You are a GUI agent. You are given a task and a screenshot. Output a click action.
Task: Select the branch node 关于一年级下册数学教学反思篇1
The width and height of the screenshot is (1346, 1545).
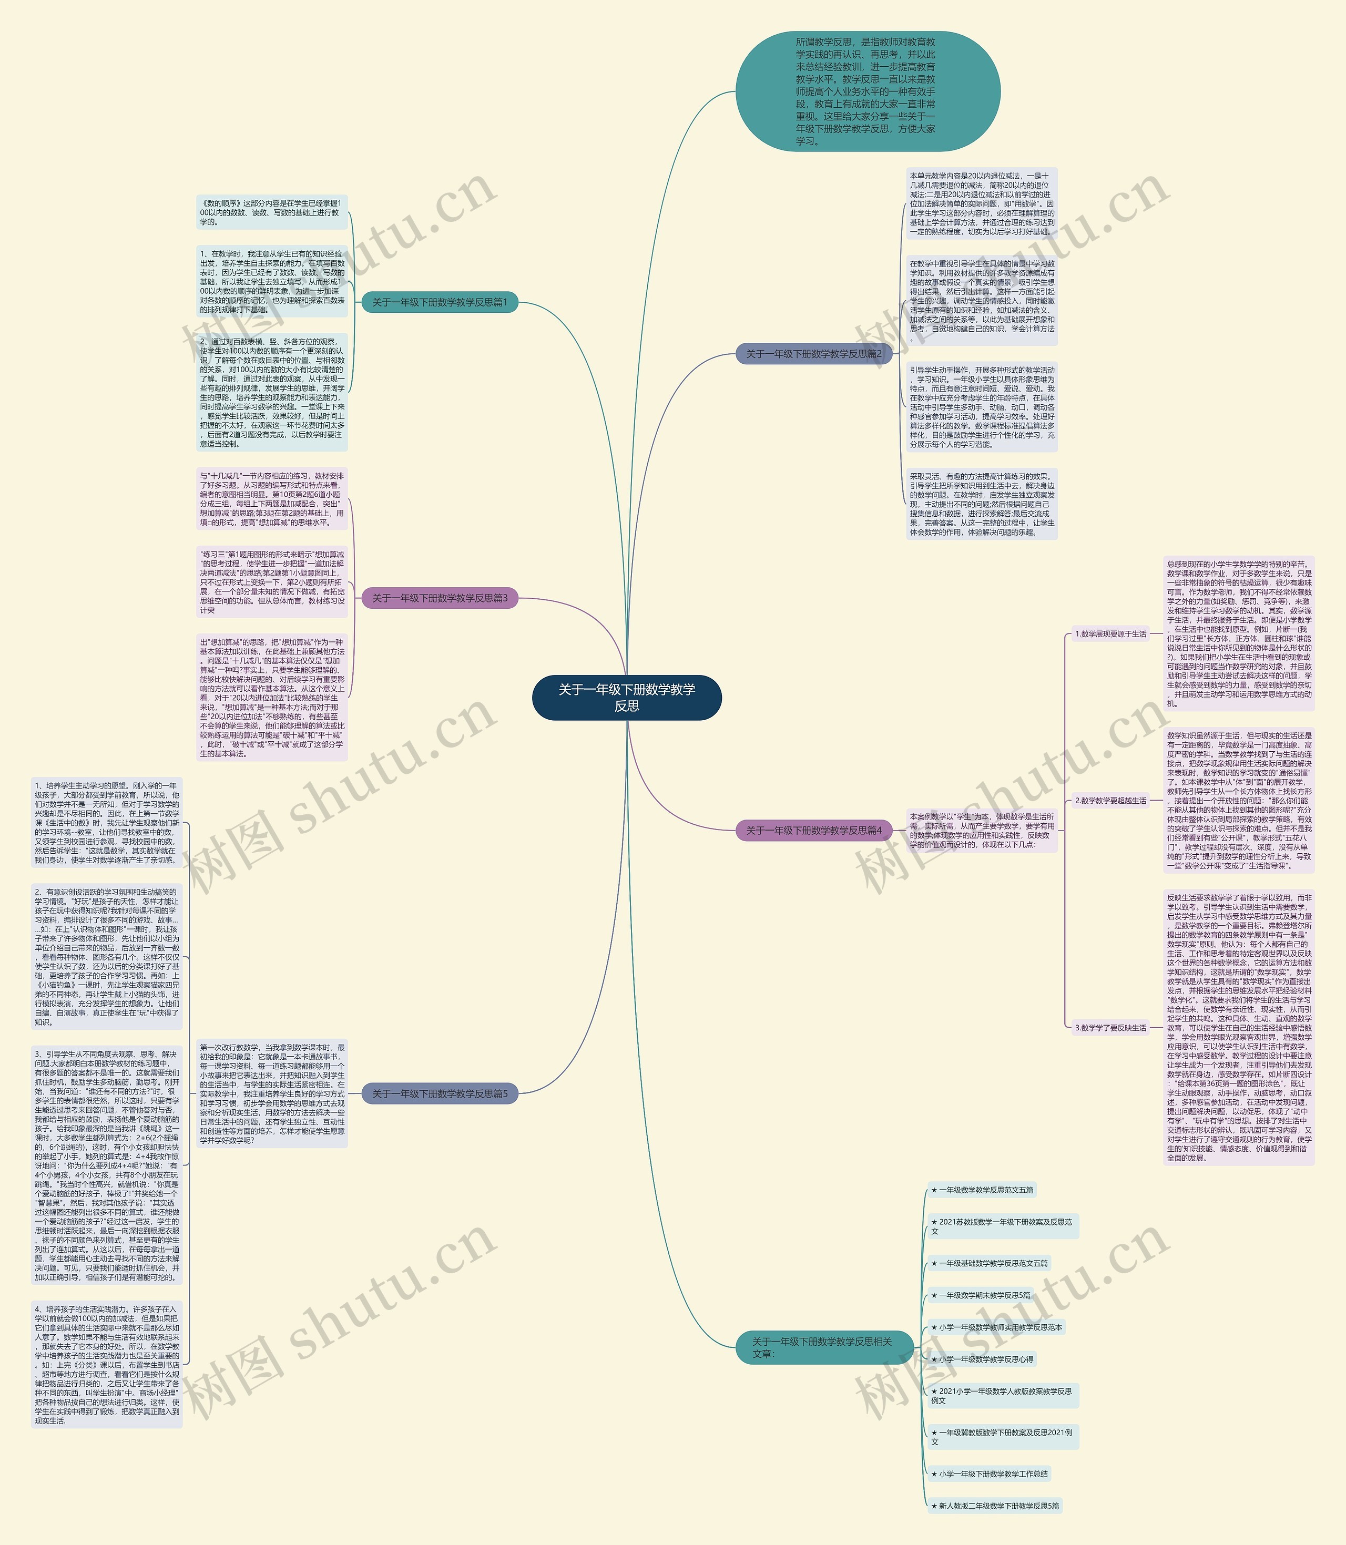click(x=440, y=302)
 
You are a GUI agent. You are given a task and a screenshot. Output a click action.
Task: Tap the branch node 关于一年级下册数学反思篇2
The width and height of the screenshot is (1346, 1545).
click(x=813, y=354)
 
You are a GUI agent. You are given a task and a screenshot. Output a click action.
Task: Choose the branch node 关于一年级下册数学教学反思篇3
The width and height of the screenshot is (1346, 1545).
click(x=440, y=598)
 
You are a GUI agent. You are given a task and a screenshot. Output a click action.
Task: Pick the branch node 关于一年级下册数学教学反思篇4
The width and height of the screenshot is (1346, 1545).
click(x=813, y=830)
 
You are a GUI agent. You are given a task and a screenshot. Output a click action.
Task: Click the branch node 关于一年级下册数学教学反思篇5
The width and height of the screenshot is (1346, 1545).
click(x=440, y=1093)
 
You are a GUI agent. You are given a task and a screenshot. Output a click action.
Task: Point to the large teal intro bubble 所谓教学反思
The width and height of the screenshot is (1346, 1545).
click(x=867, y=91)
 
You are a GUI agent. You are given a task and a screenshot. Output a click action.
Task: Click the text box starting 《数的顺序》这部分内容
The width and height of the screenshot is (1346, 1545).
click(x=272, y=212)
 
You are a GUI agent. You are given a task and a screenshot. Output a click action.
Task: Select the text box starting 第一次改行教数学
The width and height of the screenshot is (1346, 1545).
click(x=272, y=1093)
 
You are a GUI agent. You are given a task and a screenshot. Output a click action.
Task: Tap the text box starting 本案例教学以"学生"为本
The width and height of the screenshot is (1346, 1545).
click(x=982, y=830)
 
